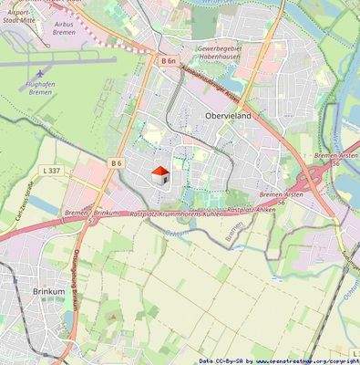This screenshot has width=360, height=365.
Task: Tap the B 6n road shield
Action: [x=157, y=60]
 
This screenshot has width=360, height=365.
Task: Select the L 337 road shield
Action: [x=51, y=171]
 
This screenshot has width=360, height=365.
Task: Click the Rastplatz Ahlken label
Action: [x=252, y=209]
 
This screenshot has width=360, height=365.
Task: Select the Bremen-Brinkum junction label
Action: [x=92, y=212]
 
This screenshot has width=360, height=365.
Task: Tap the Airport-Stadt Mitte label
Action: [x=16, y=11]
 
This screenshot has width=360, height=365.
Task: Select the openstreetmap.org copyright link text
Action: [x=306, y=360]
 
